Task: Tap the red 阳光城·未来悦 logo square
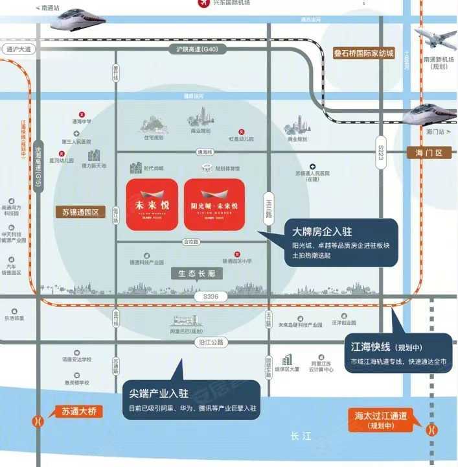[x=214, y=204]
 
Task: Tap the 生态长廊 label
[x=197, y=274]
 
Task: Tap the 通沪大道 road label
[x=17, y=49]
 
